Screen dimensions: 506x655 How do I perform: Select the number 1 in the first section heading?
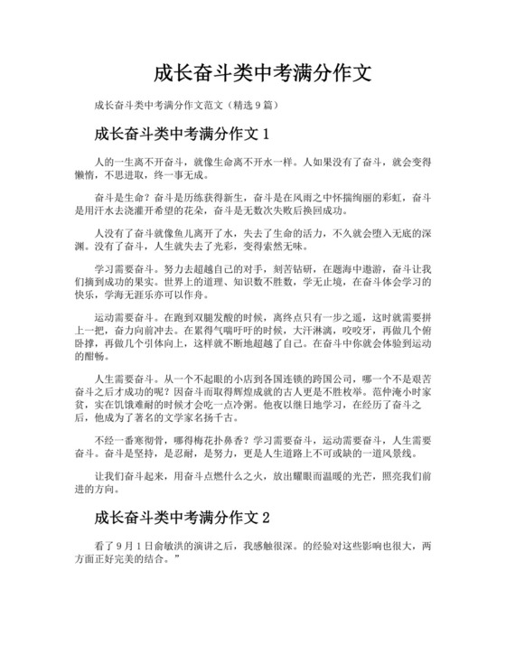tap(265, 136)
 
